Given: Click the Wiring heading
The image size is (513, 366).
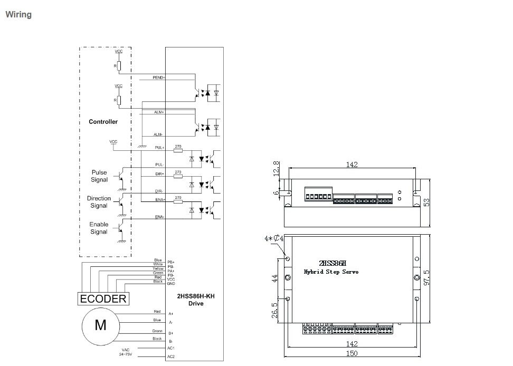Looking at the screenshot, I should [x=18, y=14].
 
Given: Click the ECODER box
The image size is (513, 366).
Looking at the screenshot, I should [x=103, y=298].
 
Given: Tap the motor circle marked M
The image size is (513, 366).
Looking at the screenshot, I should [x=100, y=325].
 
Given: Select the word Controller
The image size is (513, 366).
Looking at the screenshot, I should [x=103, y=122].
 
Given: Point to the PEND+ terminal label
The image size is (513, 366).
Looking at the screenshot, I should [x=158, y=78].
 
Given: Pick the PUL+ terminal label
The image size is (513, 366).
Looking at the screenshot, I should [x=159, y=148].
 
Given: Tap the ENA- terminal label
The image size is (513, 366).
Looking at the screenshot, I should [x=159, y=217].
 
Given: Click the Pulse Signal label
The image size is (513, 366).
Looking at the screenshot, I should [x=99, y=176].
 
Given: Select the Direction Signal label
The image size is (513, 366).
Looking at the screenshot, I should [x=99, y=202].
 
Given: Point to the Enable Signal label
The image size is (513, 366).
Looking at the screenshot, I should [x=99, y=228].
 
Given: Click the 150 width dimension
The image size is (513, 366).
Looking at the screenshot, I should [x=352, y=354].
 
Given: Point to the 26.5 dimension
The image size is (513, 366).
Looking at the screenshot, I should [x=274, y=309].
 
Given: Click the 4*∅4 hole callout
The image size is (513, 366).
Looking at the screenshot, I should [x=274, y=238].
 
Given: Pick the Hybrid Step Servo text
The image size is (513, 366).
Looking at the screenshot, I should [x=331, y=272].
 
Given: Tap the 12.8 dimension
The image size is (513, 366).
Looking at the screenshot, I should [x=275, y=169].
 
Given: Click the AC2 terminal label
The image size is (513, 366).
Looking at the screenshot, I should [x=170, y=357].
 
